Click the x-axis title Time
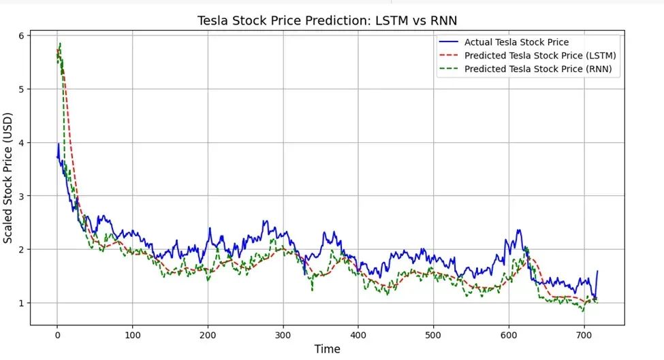[x=327, y=348]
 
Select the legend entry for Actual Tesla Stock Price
[x=516, y=42]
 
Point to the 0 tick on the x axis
[x=57, y=334]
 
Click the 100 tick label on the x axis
[x=132, y=334]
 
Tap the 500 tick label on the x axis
[x=433, y=334]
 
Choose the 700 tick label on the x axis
[x=584, y=334]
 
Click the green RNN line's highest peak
[x=60, y=44]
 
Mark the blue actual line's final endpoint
[x=598, y=271]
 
